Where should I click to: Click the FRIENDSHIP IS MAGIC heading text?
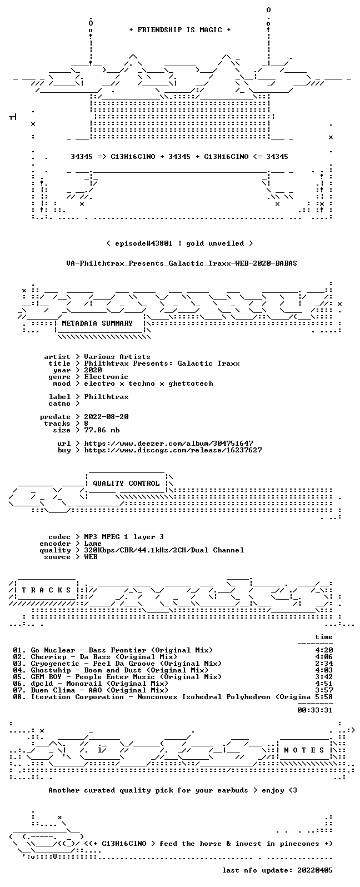point(180,30)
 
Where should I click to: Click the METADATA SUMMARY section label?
point(97,323)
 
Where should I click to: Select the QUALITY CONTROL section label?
point(126,484)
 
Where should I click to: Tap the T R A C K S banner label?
point(46,590)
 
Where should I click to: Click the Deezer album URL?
point(169,443)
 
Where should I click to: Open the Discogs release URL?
point(173,450)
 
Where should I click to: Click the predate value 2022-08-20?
point(106,417)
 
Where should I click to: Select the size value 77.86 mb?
point(102,430)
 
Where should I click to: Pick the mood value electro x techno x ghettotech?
point(148,383)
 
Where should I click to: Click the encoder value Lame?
point(93,544)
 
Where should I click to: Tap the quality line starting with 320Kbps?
point(164,550)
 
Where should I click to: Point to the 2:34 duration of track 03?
point(324,664)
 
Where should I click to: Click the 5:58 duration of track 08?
point(324,697)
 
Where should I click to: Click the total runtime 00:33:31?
point(315,710)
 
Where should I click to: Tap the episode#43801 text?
point(144,243)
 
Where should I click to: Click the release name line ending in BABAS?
point(182,263)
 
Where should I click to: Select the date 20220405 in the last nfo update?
point(315,870)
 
